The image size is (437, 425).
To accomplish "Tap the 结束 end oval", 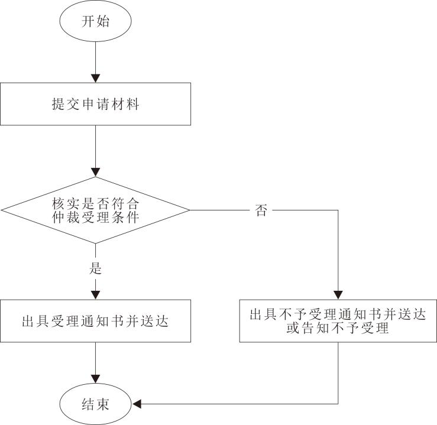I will coord(95,404).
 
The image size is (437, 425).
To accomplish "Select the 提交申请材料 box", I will coord(95,104).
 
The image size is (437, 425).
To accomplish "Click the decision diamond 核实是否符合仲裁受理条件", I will coord(95,210).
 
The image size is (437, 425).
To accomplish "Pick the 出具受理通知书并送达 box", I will coord(95,321).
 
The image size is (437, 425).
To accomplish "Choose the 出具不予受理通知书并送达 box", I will coord(338,321).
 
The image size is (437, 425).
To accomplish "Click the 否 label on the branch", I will coord(261,211).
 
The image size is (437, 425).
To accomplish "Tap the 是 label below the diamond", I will coord(95,269).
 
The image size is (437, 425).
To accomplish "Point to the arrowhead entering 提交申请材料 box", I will coord(95,77).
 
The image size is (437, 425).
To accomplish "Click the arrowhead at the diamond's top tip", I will coord(95,172).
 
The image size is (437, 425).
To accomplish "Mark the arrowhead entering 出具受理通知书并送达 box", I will coord(95,295).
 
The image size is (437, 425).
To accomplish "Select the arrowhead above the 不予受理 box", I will coord(338,295).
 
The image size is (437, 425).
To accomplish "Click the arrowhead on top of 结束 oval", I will coord(95,380).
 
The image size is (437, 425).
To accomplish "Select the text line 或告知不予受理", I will coord(338,329).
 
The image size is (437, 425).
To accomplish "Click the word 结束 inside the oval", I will coord(95,404).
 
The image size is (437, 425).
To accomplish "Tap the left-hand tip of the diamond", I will coord(3,210).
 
